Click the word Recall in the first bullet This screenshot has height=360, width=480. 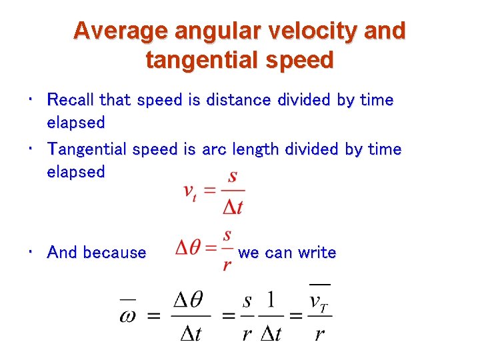(71, 100)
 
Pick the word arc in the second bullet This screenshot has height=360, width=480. (213, 149)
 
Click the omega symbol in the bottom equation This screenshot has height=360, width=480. (127, 314)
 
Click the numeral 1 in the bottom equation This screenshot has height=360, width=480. (271, 300)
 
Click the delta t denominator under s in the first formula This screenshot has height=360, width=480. (232, 207)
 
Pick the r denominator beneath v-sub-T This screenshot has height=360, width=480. (319, 333)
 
